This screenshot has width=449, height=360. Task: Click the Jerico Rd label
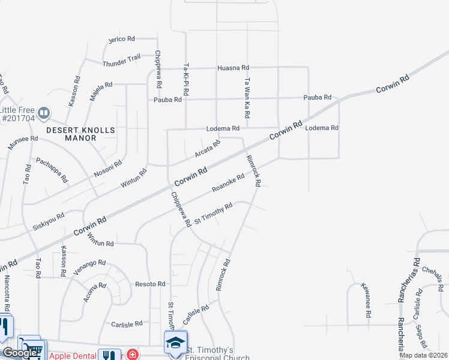pyautogui.click(x=122, y=39)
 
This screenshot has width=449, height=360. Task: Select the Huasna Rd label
pyautogui.click(x=233, y=68)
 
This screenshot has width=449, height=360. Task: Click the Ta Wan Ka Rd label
pyautogui.click(x=247, y=97)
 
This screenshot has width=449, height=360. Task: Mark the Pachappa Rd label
pyautogui.click(x=52, y=170)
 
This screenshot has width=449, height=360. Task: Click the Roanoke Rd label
pyautogui.click(x=229, y=184)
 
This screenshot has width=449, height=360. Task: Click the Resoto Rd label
pyautogui.click(x=150, y=283)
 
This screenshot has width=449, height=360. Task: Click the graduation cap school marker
pyautogui.click(x=175, y=342)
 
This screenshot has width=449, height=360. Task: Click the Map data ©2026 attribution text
pyautogui.click(x=423, y=355)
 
